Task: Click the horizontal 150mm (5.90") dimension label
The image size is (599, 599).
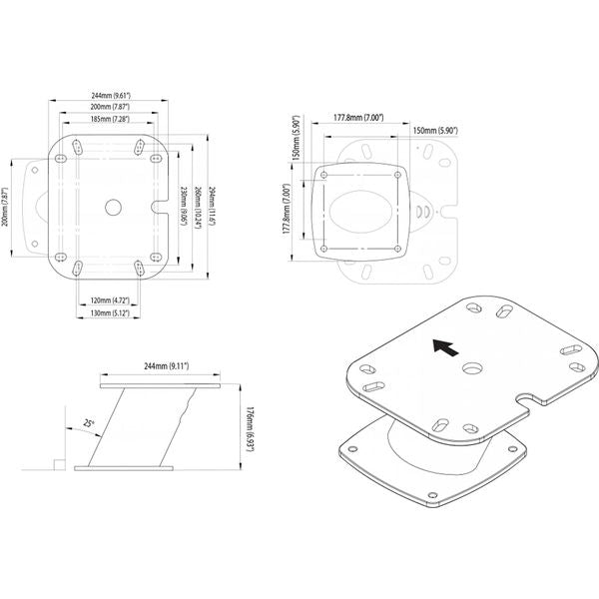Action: [435, 129]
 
